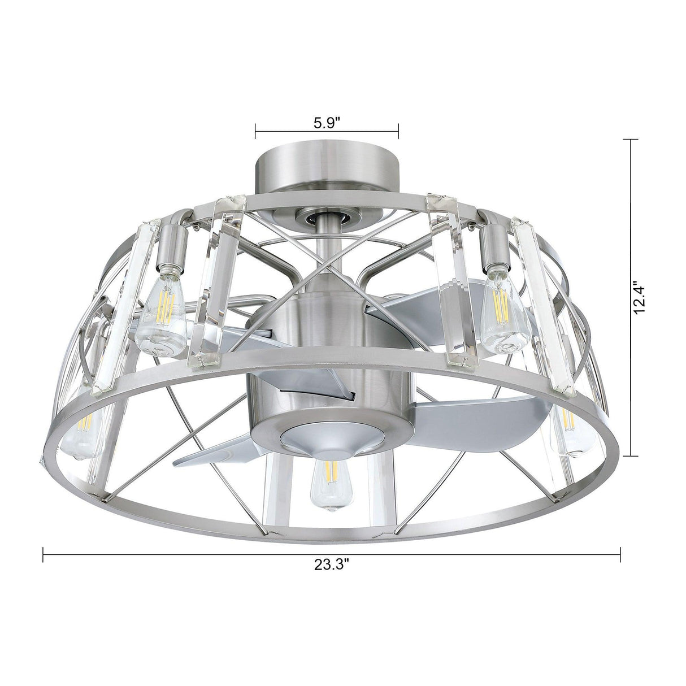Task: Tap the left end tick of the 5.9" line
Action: tap(255, 131)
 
